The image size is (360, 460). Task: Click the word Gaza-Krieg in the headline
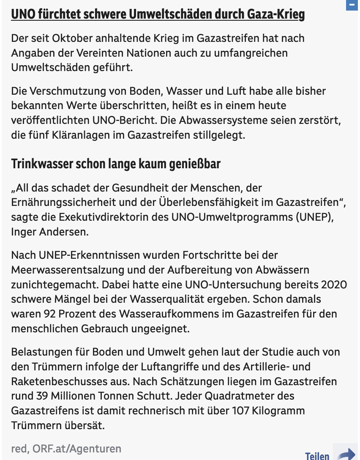[x=276, y=15]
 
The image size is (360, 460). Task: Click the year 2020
[x=334, y=285]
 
